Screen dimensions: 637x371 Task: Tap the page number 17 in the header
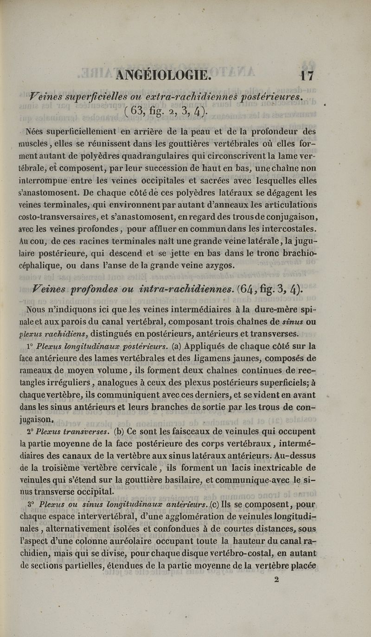pos(307,75)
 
